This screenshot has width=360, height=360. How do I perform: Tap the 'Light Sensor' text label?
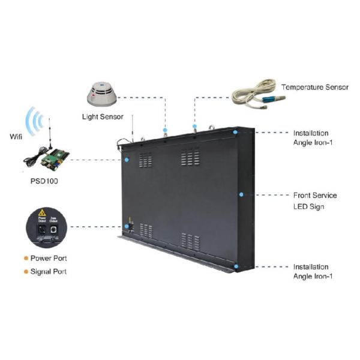(103, 116)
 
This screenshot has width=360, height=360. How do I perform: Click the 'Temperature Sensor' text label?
(314, 87)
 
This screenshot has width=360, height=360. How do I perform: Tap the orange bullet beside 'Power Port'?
(25, 258)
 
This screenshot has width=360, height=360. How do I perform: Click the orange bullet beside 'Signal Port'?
(25, 271)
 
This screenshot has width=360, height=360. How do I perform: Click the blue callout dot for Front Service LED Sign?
(241, 194)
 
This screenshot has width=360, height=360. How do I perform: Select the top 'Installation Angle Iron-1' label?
(311, 137)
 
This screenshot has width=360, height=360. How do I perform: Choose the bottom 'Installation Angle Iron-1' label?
(311, 271)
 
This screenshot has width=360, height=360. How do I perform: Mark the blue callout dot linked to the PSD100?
(127, 160)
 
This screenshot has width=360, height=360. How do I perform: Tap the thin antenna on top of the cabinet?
(132, 127)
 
